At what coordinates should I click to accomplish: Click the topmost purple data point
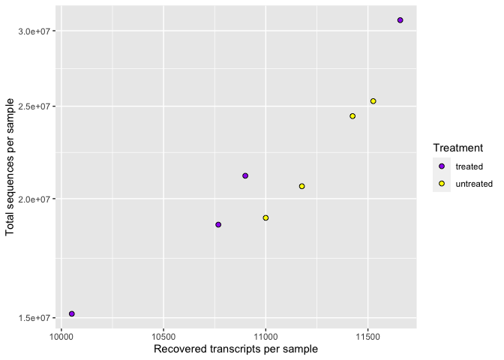point(400,20)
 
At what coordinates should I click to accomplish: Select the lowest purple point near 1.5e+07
point(72,313)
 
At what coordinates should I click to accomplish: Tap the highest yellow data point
point(373,101)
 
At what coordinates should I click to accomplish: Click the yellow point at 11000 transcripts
point(265,217)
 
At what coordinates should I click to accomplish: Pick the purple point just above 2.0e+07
point(245,175)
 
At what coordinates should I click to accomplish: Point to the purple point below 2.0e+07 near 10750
point(218,224)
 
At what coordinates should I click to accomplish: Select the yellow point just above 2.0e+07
point(301,186)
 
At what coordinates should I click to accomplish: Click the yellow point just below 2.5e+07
point(352,116)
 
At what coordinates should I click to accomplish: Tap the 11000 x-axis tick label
point(265,336)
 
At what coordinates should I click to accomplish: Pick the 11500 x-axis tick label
point(367,336)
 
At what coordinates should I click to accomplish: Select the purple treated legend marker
point(442,166)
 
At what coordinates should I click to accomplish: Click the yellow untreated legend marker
point(442,184)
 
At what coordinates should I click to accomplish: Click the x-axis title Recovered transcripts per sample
point(235,349)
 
